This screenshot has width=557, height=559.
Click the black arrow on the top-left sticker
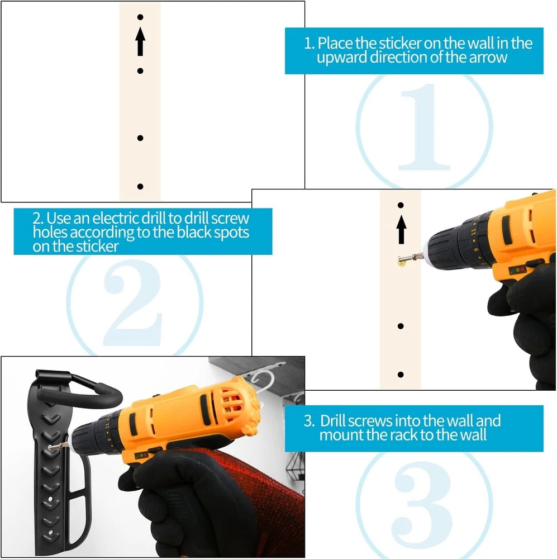point(140,41)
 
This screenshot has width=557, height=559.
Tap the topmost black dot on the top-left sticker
point(140,17)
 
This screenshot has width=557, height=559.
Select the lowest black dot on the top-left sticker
point(140,187)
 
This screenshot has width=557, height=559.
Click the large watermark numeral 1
point(424,127)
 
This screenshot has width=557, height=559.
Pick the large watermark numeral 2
point(133,303)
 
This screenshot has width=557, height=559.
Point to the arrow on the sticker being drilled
point(401,230)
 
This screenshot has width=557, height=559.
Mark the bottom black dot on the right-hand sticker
point(401,375)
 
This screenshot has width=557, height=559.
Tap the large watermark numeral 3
point(423,504)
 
